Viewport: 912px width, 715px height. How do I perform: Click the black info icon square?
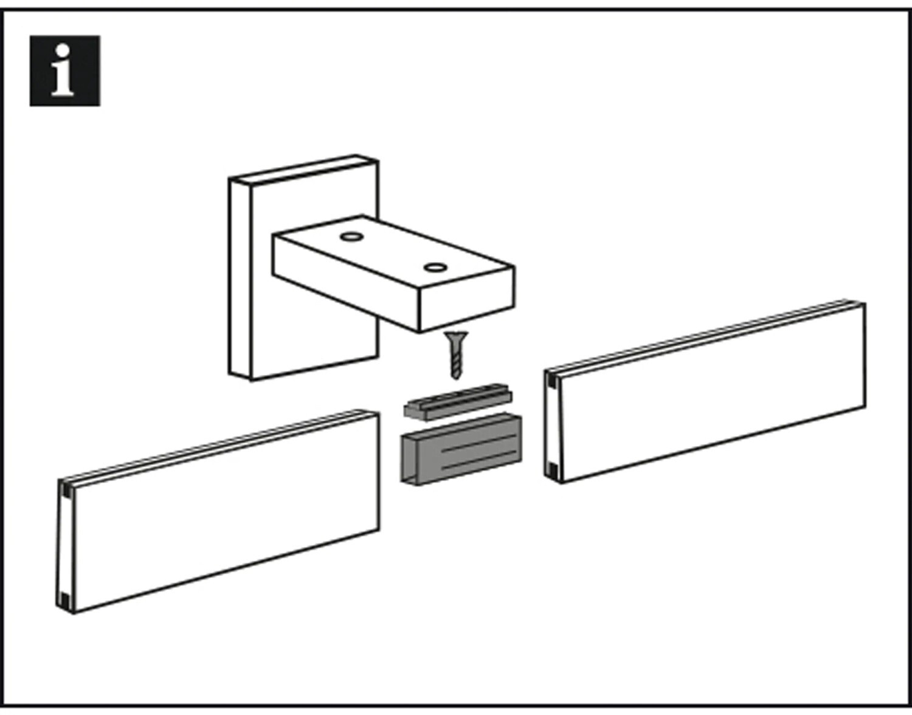point(64,71)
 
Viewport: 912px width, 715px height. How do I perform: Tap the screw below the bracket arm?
point(456,354)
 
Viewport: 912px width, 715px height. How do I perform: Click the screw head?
point(456,336)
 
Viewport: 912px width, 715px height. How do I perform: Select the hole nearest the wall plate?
point(351,237)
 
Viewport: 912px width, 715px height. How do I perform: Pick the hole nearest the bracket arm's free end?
point(435,268)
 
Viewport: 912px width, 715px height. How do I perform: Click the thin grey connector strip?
point(458,401)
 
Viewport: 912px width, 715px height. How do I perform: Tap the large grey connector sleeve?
point(461,449)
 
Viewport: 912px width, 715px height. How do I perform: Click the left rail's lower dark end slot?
point(64,601)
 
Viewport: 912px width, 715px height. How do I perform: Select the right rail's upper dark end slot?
point(552,380)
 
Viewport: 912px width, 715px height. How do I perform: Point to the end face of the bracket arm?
point(467,299)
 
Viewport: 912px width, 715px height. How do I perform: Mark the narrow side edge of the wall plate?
point(240,279)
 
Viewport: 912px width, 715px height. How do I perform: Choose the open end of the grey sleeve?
point(410,460)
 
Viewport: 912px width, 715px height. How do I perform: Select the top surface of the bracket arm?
point(393,252)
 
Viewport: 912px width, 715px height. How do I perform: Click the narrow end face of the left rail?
point(66,546)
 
